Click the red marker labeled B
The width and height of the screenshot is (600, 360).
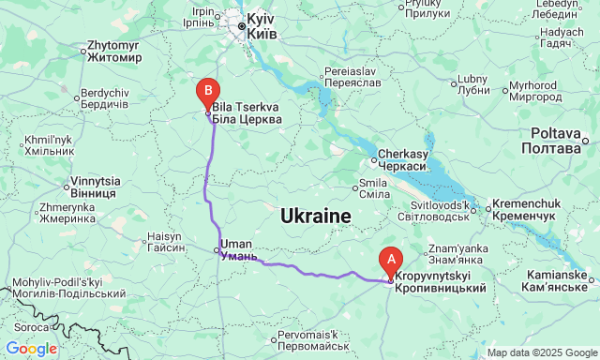click(207, 92)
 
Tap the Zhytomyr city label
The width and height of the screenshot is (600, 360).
click(113, 51)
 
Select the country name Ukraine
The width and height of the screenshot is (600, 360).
click(315, 217)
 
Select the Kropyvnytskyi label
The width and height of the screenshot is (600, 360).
click(440, 282)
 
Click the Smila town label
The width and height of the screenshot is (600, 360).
click(374, 187)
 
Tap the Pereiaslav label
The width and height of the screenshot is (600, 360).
click(351, 78)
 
